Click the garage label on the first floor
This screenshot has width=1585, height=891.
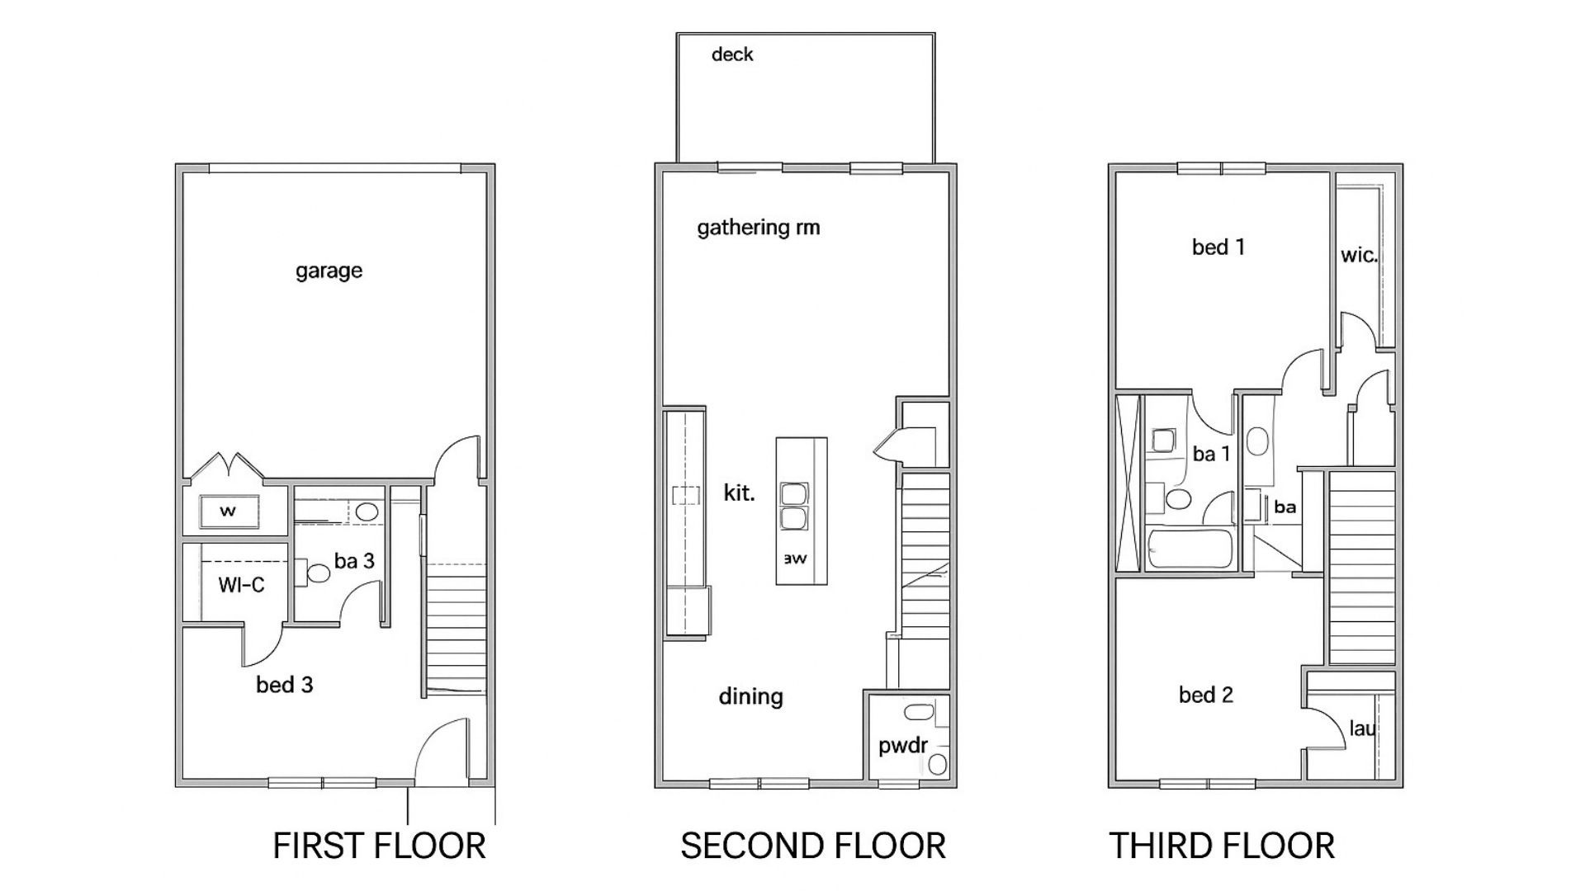329,271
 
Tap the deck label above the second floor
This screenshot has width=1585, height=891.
732,54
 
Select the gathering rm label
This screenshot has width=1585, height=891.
758,228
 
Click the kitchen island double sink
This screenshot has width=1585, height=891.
794,507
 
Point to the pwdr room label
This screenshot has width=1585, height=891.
902,746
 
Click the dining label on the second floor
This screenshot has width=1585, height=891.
750,696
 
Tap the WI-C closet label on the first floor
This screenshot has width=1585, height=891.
241,585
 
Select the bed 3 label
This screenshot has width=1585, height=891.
284,685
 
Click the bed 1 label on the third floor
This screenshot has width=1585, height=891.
1218,247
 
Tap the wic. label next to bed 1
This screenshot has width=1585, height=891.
1359,255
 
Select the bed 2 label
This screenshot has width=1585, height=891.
1205,695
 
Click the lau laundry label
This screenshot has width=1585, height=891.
1362,728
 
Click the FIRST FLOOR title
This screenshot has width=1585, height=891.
379,846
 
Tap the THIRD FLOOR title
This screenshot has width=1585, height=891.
1221,846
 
